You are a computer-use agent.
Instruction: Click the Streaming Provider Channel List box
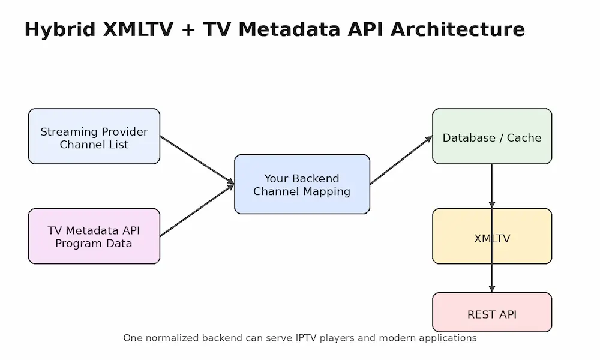[x=94, y=136]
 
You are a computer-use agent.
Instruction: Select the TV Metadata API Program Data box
[x=94, y=236]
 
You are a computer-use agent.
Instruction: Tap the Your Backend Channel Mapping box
[x=302, y=184]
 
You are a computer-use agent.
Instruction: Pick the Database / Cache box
[x=492, y=136]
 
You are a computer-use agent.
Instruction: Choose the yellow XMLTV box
[x=492, y=236]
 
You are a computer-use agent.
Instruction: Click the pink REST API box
[x=492, y=312]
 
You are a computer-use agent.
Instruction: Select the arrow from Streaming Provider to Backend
[x=197, y=160]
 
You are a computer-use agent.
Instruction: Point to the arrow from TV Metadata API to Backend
[x=197, y=210]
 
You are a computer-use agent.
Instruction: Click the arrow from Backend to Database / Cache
[x=401, y=160]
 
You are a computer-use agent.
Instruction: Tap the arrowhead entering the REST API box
[x=492, y=289]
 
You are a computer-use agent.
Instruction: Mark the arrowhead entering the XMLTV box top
[x=492, y=205]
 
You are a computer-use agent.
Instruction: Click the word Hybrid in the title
[x=59, y=30]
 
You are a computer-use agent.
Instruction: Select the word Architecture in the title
[x=458, y=29]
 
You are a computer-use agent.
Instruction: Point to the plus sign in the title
[x=188, y=30]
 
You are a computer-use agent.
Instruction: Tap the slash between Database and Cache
[x=501, y=138]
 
